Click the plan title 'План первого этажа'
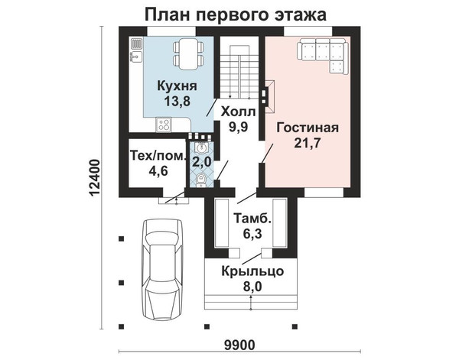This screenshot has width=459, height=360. click(236, 15)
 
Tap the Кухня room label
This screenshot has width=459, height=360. click(177, 86)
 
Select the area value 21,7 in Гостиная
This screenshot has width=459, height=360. click(308, 143)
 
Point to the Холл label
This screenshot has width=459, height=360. click(238, 112)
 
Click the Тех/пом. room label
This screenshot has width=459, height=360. click(158, 156)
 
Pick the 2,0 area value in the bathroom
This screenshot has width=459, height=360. click(201, 161)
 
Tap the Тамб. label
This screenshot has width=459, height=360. click(252, 219)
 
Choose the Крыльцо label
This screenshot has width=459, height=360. click(252, 271)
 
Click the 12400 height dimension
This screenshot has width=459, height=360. click(96, 178)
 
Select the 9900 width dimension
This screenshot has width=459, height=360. click(239, 345)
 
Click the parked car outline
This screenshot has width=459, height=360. click(163, 269)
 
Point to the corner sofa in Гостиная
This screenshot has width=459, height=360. click(323, 56)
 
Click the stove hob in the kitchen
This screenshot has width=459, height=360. click(164, 124)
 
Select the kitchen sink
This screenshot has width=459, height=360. click(136, 57)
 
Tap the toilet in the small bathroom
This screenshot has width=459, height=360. click(201, 180)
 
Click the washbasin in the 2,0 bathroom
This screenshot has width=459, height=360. click(201, 148)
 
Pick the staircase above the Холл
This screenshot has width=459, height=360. click(239, 72)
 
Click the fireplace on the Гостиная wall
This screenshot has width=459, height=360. click(269, 97)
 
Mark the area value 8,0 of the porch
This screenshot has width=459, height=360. click(252, 287)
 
